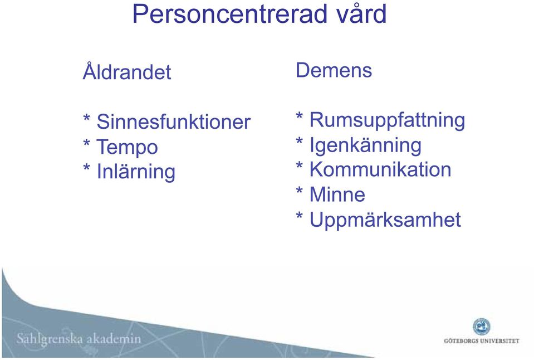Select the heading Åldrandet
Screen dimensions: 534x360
coord(127,71)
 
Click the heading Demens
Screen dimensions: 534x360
coord(334,70)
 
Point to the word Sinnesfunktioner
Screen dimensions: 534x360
coord(174,121)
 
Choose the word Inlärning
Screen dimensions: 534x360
coord(136,171)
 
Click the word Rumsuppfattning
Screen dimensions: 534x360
coord(387,120)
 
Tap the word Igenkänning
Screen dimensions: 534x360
coord(365,145)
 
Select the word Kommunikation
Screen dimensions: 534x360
coord(380,169)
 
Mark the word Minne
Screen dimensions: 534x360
coord(337,194)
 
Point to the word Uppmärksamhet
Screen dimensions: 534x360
coord(385,220)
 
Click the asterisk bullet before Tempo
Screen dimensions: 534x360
coord(87,143)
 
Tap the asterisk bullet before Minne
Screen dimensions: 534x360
coord(300,191)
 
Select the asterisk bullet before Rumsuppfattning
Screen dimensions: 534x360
coord(300,115)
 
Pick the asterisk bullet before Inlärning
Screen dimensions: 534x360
coord(87,167)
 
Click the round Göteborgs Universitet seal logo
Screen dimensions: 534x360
coord(482,327)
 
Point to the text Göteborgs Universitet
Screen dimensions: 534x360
coord(482,340)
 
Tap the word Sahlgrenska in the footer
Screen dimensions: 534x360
coord(50,339)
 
